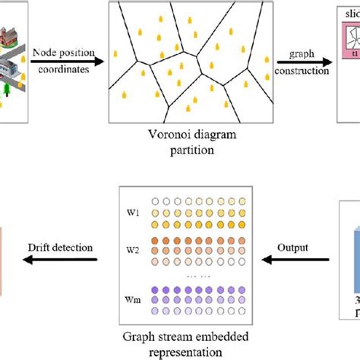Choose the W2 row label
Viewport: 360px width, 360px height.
pyautogui.click(x=134, y=249)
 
